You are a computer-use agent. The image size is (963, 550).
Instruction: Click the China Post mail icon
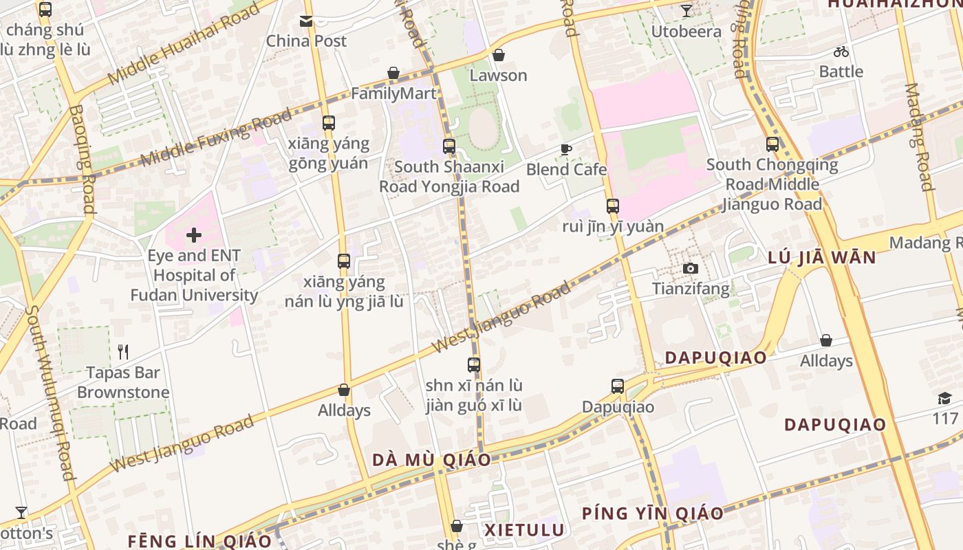point(306,21)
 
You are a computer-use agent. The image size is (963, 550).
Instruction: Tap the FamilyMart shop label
point(393,93)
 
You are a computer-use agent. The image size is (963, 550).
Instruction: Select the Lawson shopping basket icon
point(498,55)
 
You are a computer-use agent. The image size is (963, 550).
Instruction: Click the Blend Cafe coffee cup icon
point(566,149)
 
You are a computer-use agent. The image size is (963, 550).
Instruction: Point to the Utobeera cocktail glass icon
point(686,11)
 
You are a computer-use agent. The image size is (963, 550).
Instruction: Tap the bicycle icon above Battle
point(841,52)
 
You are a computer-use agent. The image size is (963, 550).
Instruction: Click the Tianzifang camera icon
point(691,268)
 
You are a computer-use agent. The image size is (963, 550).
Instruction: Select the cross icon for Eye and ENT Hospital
point(194,236)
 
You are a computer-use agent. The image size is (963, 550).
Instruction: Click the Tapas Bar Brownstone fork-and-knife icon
point(123,352)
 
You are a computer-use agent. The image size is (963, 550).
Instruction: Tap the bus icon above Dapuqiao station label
point(618,386)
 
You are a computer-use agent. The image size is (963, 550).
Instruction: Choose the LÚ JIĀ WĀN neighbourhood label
point(822,258)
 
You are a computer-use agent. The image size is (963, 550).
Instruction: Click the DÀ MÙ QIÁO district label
point(431,460)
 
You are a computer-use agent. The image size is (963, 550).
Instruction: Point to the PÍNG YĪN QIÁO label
point(652,513)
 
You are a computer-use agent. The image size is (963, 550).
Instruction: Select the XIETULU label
point(524,530)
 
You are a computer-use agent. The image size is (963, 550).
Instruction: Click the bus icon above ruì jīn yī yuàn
point(612,206)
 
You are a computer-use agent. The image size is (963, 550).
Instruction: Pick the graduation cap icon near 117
point(944,399)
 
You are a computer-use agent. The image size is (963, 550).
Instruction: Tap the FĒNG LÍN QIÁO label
point(199,540)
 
